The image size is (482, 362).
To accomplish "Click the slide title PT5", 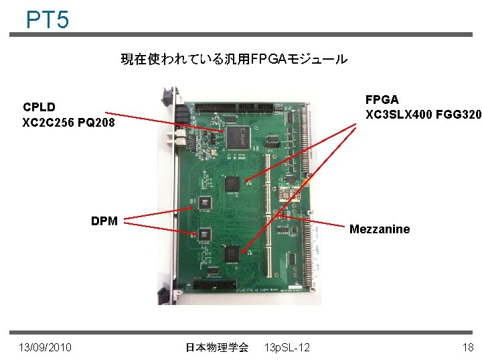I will tap(47, 19).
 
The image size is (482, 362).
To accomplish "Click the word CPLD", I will tap(39, 107).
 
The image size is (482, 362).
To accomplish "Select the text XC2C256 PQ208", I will tap(68, 123).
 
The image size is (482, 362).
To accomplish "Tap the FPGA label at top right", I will tap(382, 99).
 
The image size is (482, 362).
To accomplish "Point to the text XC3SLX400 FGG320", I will tap(422, 115).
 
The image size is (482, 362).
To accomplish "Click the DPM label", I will tap(104, 221).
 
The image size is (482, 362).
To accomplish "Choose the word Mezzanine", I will tap(380, 229).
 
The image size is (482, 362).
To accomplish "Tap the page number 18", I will tap(467, 347).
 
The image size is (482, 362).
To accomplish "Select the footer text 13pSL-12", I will tap(287, 347).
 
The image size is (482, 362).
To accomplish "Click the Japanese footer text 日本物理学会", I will tap(216, 347).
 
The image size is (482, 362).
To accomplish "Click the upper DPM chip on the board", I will tap(204, 200).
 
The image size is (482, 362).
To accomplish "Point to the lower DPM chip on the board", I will tap(204, 235).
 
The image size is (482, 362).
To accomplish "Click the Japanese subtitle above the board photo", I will tap(234, 60).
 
